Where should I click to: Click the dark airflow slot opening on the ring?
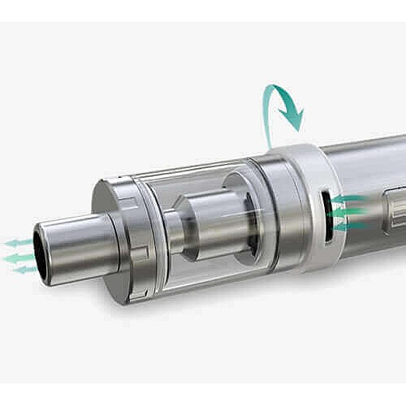[x=326, y=217]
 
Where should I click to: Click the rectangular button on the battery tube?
[x=396, y=207]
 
